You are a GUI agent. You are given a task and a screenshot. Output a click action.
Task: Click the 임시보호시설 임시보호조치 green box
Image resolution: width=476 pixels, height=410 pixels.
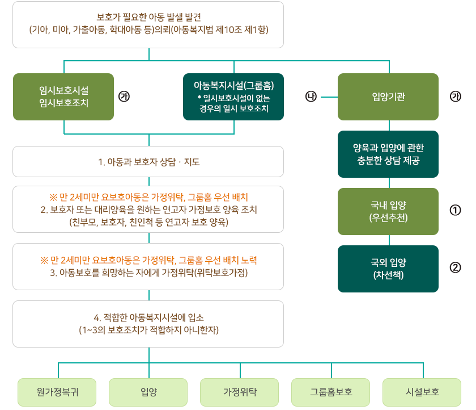point(63,97)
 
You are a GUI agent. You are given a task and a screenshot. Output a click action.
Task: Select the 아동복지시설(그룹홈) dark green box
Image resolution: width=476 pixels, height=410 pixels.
point(233,97)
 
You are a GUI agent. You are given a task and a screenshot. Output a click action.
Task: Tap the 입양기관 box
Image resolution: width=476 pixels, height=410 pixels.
point(388,97)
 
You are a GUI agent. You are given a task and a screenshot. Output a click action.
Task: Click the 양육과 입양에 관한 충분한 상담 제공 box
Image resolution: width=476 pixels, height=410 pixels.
point(388,154)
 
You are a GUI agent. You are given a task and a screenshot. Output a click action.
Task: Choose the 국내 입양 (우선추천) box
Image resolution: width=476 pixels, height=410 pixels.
point(388,211)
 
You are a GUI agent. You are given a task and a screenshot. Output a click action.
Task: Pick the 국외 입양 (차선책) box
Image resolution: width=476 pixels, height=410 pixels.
point(388,269)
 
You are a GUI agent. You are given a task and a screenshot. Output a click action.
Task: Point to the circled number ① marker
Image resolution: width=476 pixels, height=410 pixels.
point(455,211)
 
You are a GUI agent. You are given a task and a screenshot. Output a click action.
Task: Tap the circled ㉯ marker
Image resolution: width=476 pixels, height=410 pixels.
point(311,97)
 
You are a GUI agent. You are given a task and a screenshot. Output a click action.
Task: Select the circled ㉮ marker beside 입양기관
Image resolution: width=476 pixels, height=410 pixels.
point(455,97)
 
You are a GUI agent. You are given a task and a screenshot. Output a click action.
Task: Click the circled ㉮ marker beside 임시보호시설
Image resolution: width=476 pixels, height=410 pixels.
point(125,97)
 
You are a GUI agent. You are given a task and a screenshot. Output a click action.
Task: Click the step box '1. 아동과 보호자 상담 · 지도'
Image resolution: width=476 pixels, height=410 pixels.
point(148,162)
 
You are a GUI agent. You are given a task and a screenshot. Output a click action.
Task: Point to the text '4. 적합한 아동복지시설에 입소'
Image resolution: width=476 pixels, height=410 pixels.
point(148,317)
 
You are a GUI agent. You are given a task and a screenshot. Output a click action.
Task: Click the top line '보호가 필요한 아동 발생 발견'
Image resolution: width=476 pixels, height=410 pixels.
point(148,18)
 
